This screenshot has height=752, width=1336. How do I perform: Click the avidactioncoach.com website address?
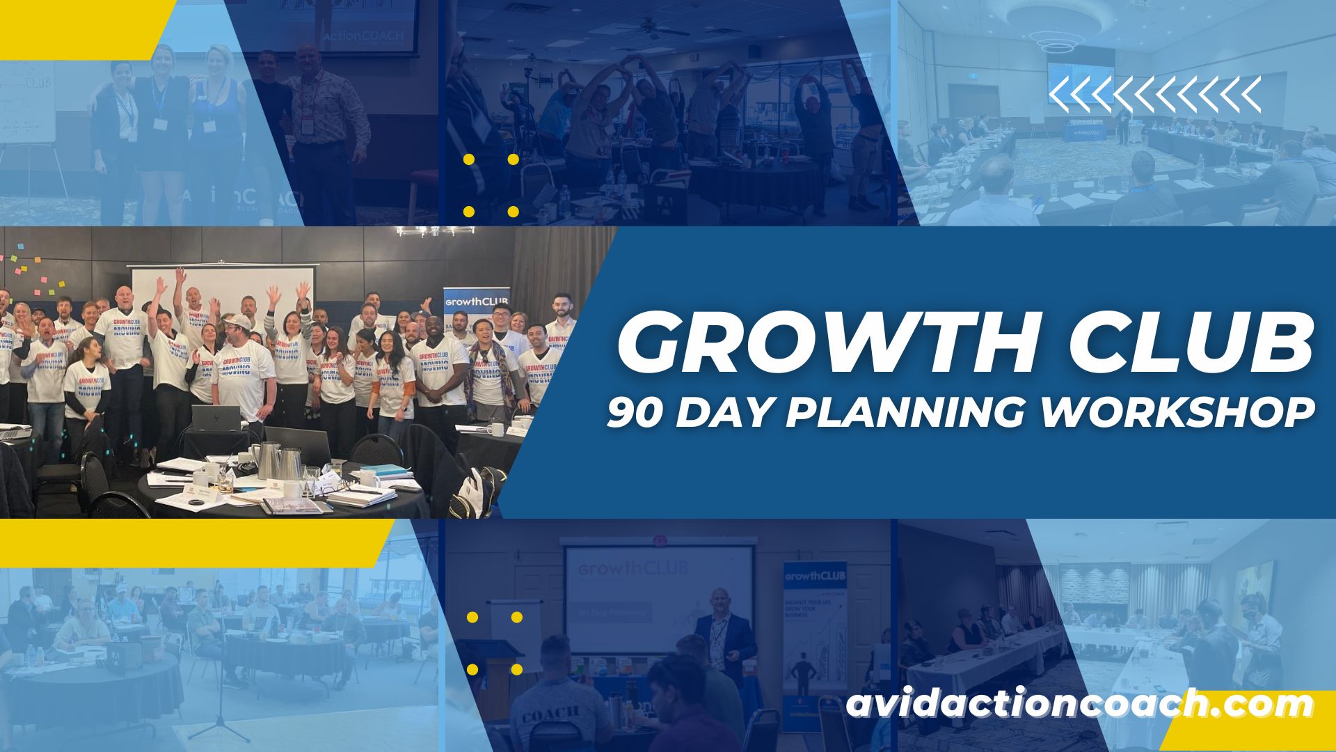1079,705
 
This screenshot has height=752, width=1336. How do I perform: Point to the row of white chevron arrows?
1154,95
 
